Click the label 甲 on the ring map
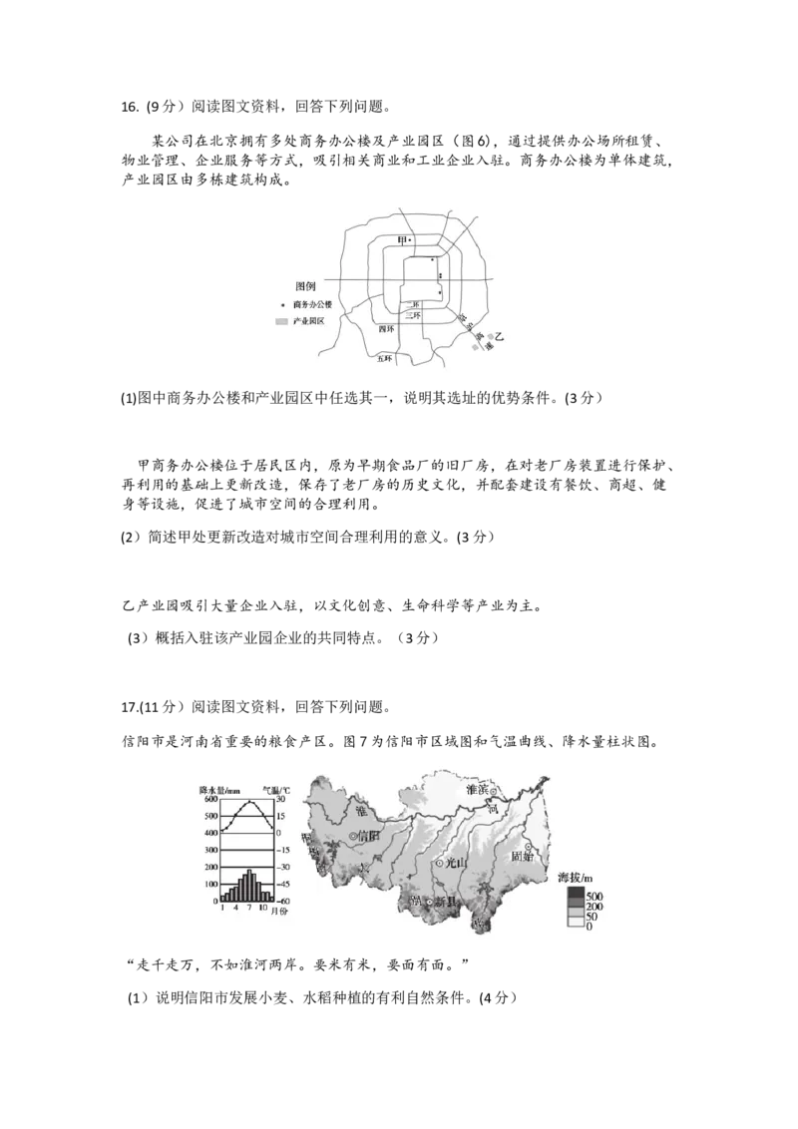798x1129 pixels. pyautogui.click(x=402, y=239)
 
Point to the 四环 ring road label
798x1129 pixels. pyautogui.click(x=386, y=328)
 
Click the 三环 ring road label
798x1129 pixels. pyautogui.click(x=414, y=315)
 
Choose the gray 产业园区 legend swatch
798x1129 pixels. pyautogui.click(x=281, y=322)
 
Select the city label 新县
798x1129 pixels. pyautogui.click(x=445, y=902)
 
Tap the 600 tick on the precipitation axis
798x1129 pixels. pyautogui.click(x=210, y=798)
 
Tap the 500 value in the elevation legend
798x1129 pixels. pyautogui.click(x=595, y=896)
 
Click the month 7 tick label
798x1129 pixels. pyautogui.click(x=249, y=909)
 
